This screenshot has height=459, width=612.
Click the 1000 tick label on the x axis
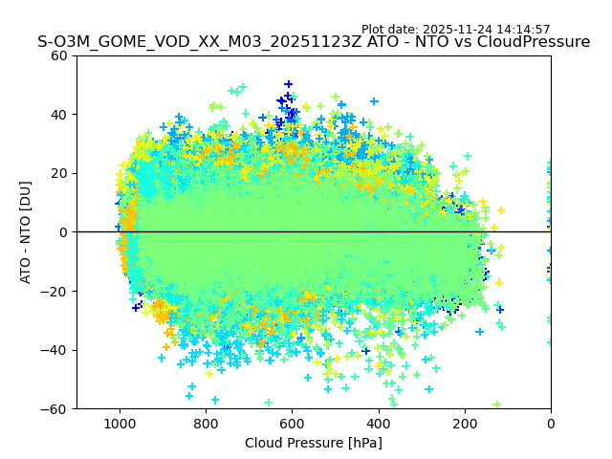[120, 424]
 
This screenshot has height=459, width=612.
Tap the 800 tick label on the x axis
[206, 424]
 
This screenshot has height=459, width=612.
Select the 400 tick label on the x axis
[379, 424]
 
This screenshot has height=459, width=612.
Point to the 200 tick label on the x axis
[465, 424]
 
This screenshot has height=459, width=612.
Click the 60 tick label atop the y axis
[59, 55]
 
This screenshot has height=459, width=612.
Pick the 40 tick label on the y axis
[59, 115]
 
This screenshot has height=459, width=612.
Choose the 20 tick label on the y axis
[59, 173]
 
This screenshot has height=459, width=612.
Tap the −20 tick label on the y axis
[55, 291]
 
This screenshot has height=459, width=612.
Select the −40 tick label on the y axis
[55, 350]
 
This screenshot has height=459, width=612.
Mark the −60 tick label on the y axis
[55, 408]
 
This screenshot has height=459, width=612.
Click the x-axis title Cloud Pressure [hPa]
[314, 443]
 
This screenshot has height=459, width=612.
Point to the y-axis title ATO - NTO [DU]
[27, 232]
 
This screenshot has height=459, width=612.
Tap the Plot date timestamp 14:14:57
[523, 30]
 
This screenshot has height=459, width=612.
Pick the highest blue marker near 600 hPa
[288, 84]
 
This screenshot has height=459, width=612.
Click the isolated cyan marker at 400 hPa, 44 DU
[374, 101]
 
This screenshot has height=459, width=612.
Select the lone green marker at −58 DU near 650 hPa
[268, 403]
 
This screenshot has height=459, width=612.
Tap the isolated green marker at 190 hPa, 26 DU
[468, 156]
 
